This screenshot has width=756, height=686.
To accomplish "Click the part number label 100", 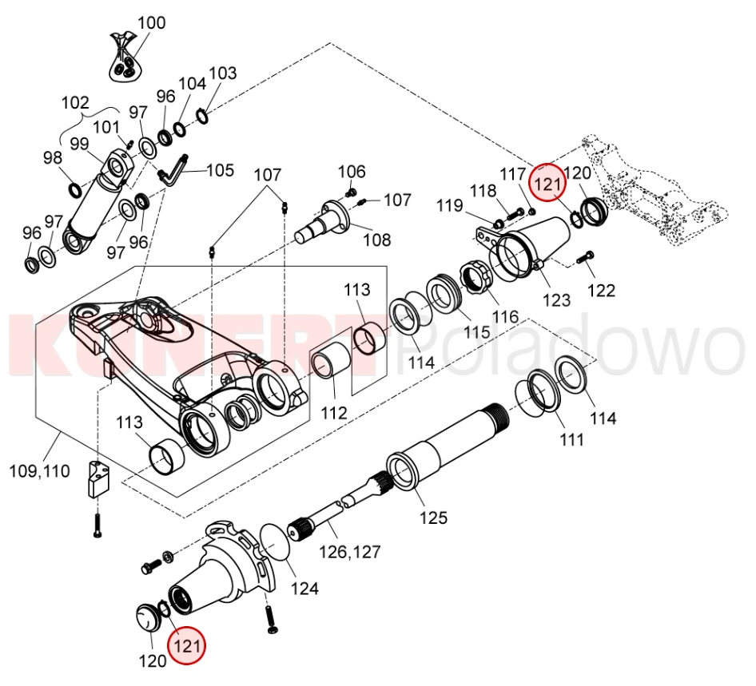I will click(151, 22).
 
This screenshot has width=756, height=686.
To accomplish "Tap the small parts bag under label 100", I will click(124, 63).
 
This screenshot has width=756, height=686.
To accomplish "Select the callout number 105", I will click(221, 170).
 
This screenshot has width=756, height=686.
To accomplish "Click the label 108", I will click(376, 239).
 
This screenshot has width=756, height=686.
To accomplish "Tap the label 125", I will click(434, 517).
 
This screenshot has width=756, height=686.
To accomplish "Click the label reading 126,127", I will click(350, 551).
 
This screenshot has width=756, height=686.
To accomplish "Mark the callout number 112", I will click(334, 413).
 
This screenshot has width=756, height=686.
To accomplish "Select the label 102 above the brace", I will click(75, 102).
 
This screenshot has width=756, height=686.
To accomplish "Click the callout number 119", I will click(449, 206).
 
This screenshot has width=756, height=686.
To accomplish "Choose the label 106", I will click(352, 172).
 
